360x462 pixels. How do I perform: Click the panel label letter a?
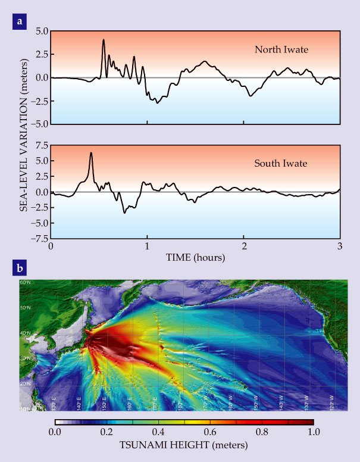click(x=20, y=22)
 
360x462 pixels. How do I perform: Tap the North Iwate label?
click(x=281, y=49)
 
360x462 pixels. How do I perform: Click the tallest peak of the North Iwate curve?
click(x=104, y=40)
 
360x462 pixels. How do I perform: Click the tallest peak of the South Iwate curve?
click(x=91, y=153)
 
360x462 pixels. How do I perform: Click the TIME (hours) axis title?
click(x=195, y=258)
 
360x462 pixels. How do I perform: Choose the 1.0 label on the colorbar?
click(x=314, y=432)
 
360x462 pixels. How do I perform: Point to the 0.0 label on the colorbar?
click(x=54, y=432)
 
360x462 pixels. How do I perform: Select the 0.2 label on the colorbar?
click(x=106, y=432)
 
